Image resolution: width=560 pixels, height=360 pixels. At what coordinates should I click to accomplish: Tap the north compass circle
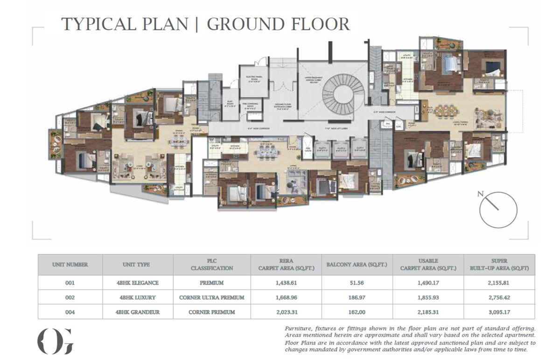[x=498, y=210]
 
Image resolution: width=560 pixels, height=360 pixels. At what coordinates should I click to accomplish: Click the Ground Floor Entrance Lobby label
[x=280, y=106]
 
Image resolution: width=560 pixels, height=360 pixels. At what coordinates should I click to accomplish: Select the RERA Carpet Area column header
[x=286, y=265]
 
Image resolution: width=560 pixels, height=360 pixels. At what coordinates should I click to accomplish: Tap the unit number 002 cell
[x=70, y=297]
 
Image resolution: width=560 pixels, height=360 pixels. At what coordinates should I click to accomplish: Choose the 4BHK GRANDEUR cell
[x=138, y=311]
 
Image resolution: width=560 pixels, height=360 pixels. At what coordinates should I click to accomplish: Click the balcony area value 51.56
[x=357, y=282]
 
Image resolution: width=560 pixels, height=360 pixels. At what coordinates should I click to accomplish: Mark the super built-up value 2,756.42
[x=499, y=297]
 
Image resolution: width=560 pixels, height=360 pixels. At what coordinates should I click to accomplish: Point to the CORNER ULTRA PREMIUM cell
[x=212, y=297]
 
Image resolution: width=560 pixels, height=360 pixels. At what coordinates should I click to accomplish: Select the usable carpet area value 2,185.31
[x=428, y=311]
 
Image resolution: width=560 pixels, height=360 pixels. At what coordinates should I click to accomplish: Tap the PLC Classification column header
[x=212, y=265]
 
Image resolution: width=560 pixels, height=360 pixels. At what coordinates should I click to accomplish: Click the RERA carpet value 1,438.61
[x=286, y=282]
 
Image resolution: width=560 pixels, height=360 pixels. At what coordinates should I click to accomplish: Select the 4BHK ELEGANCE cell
[x=138, y=282]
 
